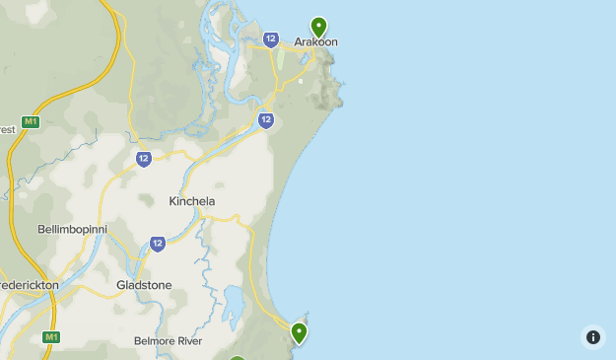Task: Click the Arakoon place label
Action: pyautogui.click(x=315, y=42)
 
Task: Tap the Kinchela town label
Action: pyautogui.click(x=191, y=201)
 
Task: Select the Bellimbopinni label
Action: pyautogui.click(x=72, y=229)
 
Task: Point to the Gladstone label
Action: pyautogui.click(x=144, y=285)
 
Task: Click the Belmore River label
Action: pyautogui.click(x=168, y=341)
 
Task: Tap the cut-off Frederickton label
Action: pyautogui.click(x=30, y=285)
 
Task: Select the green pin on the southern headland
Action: pyautogui.click(x=299, y=332)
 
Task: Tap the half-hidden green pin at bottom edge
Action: pyautogui.click(x=237, y=356)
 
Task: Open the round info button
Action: pyautogui.click(x=592, y=337)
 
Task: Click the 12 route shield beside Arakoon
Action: pyautogui.click(x=270, y=39)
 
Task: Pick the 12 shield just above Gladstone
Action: pyautogui.click(x=158, y=244)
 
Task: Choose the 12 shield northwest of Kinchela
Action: pyautogui.click(x=144, y=159)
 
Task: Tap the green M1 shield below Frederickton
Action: pyautogui.click(x=51, y=337)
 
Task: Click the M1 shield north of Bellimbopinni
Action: pyautogui.click(x=31, y=122)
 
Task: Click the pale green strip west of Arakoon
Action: pyautogui.click(x=280, y=59)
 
